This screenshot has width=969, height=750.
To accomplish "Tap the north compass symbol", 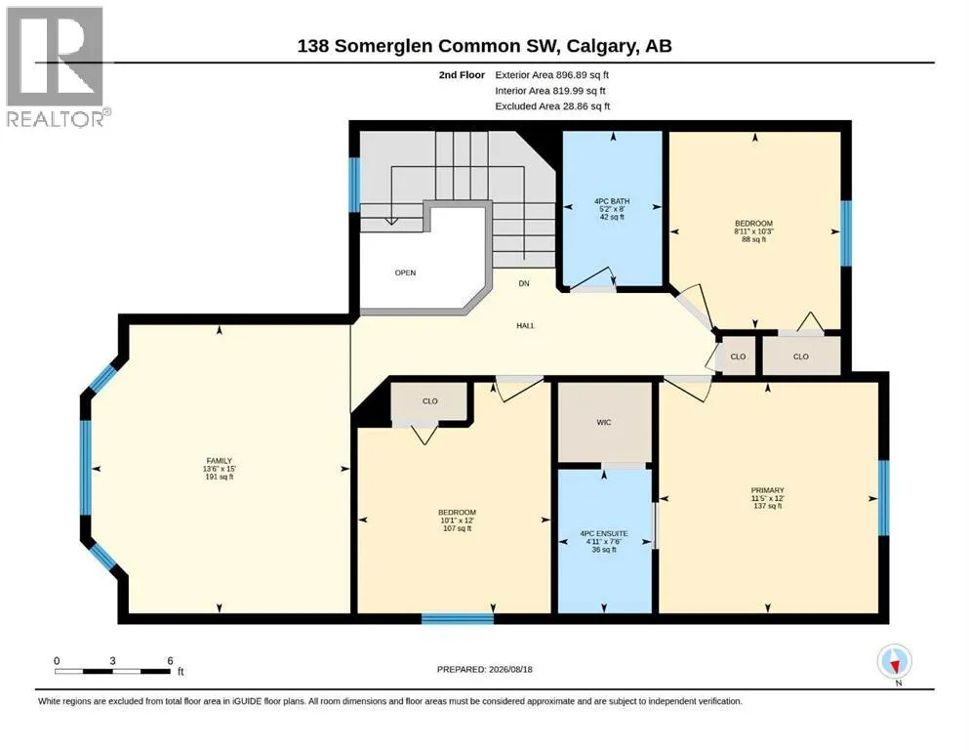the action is (x=894, y=662).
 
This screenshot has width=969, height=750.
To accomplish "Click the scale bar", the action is (x=112, y=671).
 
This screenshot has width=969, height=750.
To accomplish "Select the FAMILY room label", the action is (x=220, y=469).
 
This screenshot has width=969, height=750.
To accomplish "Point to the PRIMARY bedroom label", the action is (x=768, y=498).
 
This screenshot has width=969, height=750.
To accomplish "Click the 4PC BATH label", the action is (x=612, y=209).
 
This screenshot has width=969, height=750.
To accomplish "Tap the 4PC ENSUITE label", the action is (x=604, y=541).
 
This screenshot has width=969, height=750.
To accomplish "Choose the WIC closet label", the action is (x=604, y=422).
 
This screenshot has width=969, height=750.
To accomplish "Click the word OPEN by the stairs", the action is (x=405, y=272).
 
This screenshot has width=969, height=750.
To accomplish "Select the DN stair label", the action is (x=524, y=284).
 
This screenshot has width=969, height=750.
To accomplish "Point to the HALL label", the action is (x=525, y=326).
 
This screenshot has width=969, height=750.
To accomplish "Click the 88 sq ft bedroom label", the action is (x=754, y=231).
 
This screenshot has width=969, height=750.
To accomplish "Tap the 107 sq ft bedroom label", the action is (x=458, y=520).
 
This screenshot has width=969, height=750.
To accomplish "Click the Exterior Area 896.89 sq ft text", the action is (x=552, y=75).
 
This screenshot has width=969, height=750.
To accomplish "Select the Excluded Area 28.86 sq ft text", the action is (x=552, y=106).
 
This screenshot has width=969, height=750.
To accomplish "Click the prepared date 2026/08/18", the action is (x=484, y=669).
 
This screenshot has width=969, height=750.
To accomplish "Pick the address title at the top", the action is (x=484, y=46).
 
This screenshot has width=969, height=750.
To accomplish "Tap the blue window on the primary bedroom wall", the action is (x=884, y=498).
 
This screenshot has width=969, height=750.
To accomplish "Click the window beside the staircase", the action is (x=355, y=185).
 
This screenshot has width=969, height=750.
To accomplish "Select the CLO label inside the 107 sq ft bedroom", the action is (x=430, y=401).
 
